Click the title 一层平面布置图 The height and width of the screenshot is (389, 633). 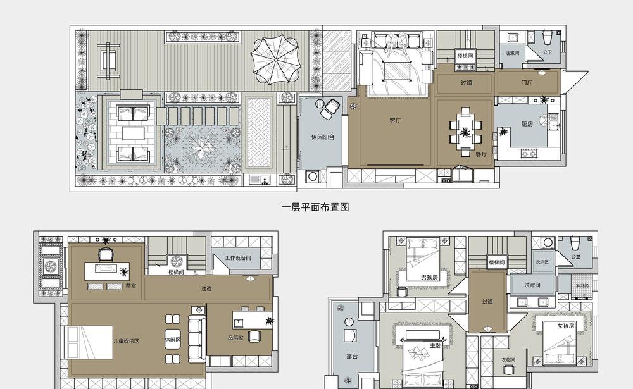click(315, 207)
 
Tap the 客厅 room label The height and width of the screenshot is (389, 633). click(396, 120)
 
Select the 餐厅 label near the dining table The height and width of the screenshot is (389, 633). click(482, 154)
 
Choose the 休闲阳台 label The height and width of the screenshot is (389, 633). click(322, 137)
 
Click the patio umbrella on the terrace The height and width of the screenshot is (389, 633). click(273, 59)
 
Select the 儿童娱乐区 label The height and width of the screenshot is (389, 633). click(126, 341)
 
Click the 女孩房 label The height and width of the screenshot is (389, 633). click(566, 326)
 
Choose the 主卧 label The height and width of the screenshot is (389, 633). click(436, 345)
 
